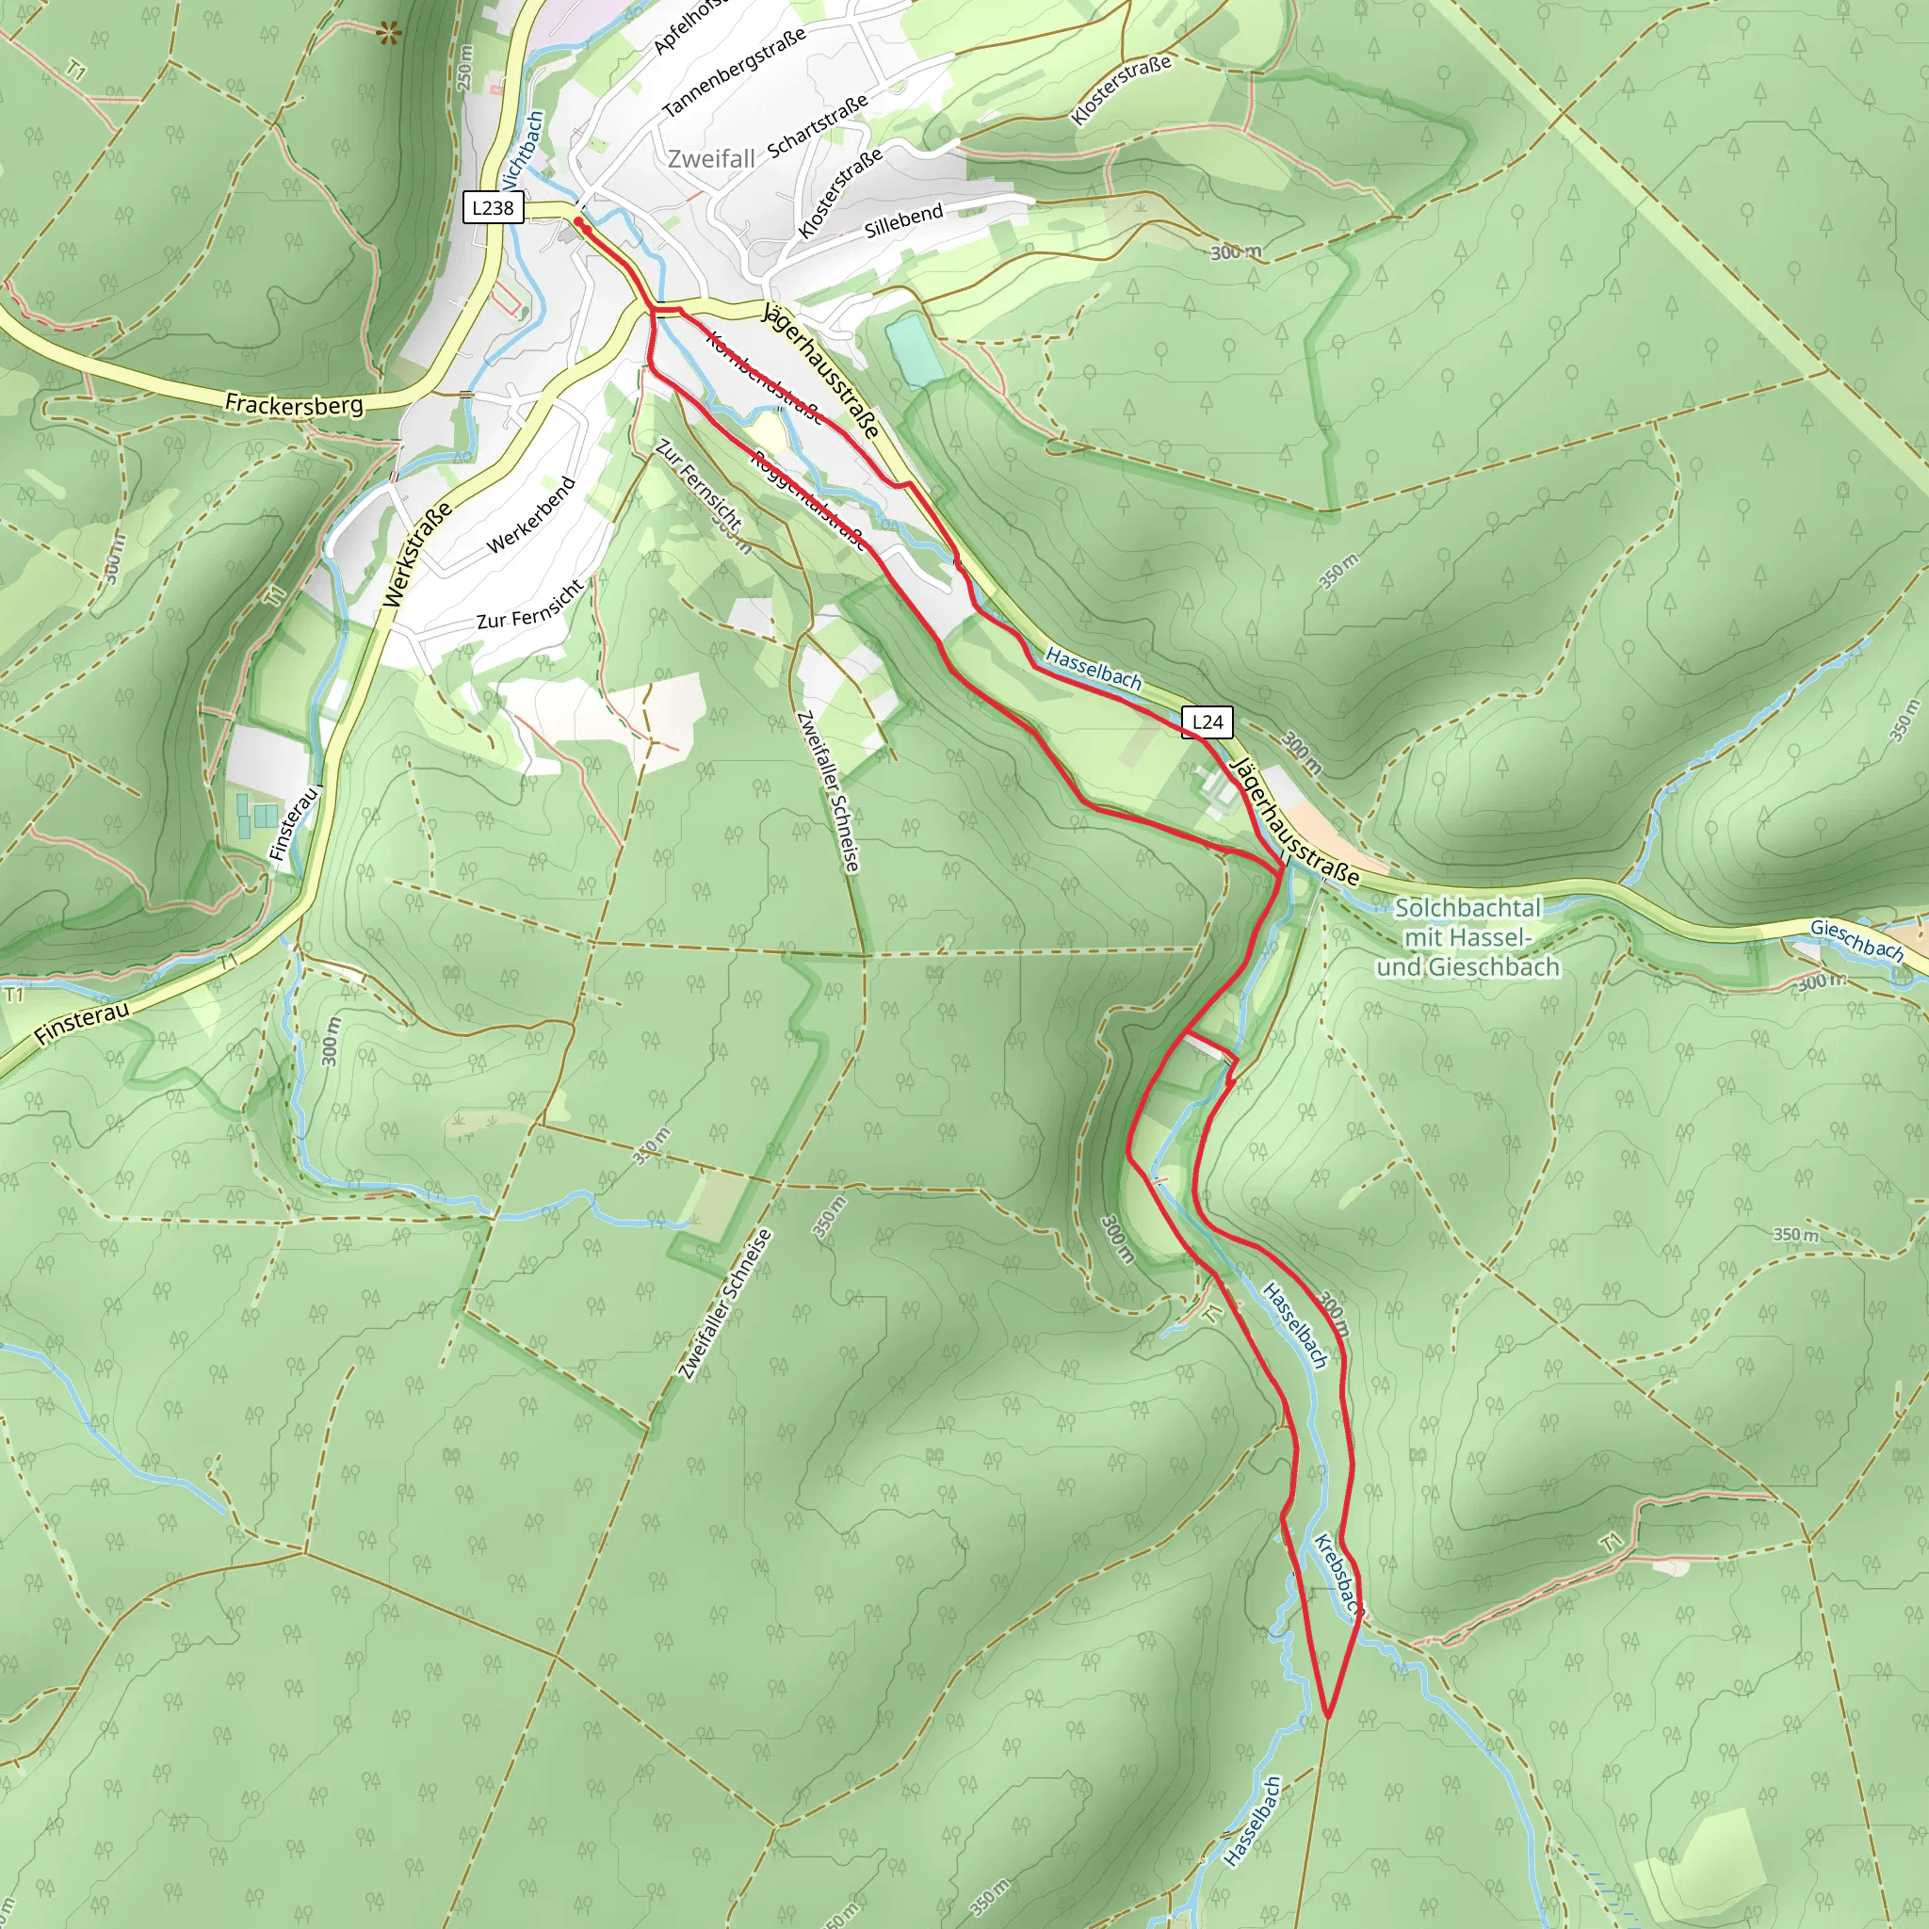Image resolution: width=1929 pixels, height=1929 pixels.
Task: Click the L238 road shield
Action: click(x=493, y=207)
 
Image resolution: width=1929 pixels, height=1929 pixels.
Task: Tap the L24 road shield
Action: click(x=1208, y=721)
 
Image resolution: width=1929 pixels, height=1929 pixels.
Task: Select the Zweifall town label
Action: click(x=711, y=159)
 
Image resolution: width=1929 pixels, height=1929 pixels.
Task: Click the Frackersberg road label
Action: click(x=294, y=404)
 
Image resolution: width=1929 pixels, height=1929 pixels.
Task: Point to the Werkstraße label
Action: click(x=417, y=554)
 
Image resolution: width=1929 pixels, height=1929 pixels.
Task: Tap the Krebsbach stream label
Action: click(x=1337, y=1575)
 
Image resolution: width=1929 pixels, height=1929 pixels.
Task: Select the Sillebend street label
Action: click(x=903, y=220)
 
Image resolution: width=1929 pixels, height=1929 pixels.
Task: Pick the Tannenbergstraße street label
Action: click(x=734, y=72)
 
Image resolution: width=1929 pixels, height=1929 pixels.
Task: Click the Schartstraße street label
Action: click(x=818, y=127)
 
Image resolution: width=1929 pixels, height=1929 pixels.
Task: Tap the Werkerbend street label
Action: click(x=531, y=515)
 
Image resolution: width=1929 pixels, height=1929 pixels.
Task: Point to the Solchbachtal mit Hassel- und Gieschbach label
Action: click(x=1467, y=936)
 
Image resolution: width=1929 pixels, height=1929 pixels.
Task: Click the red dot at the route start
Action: click(x=578, y=222)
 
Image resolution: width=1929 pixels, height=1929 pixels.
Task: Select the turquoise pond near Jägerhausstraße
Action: click(x=914, y=349)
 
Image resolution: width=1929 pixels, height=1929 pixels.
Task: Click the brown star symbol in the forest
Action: click(x=389, y=35)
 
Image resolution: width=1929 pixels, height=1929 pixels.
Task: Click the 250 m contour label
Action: click(x=464, y=68)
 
